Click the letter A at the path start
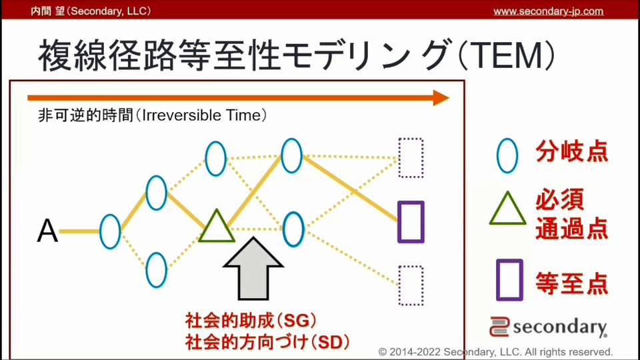pyautogui.click(x=47, y=231)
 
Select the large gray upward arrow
pyautogui.click(x=253, y=269)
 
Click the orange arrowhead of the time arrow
pyautogui.click(x=441, y=98)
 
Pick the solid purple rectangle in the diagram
pyautogui.click(x=399, y=222)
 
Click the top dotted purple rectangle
pyautogui.click(x=399, y=158)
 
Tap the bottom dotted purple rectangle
pyautogui.click(x=399, y=286)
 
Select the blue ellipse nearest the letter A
pyautogui.click(x=101, y=232)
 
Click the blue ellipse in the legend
pyautogui.click(x=498, y=156)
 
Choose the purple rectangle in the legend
pyautogui.click(x=497, y=280)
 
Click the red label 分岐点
pyautogui.click(x=572, y=151)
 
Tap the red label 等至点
pyautogui.click(x=572, y=283)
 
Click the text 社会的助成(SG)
pyautogui.click(x=251, y=321)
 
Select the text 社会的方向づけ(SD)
pyautogui.click(x=267, y=342)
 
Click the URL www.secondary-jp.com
pyautogui.click(x=548, y=11)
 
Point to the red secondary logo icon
pyautogui.click(x=499, y=327)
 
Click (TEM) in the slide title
pyautogui.click(x=507, y=55)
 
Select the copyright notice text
pyautogui.click(x=495, y=352)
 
